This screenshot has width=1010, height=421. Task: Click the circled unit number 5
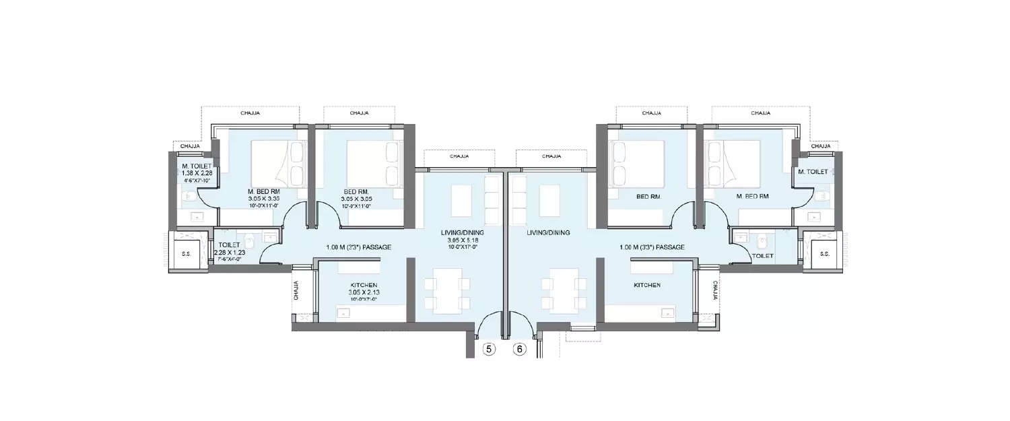click(x=490, y=349)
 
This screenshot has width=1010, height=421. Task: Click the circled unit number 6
click(x=519, y=349)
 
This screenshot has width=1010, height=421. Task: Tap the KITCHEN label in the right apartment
click(x=646, y=286)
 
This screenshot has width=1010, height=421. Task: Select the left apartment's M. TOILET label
click(x=197, y=166)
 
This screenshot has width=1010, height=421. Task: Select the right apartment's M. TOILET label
click(x=813, y=172)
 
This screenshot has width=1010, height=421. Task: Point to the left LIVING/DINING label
click(x=462, y=232)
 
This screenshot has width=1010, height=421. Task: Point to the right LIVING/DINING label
click(x=548, y=232)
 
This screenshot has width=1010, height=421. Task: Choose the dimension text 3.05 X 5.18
click(x=462, y=240)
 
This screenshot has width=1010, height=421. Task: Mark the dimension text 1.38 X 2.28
click(x=197, y=174)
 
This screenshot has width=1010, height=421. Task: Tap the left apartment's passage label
click(x=358, y=247)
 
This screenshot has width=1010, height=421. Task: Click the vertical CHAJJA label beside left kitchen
click(x=296, y=290)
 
